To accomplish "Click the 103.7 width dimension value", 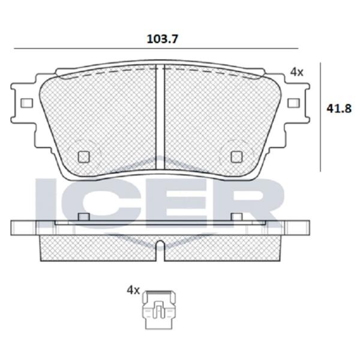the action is click(162, 39).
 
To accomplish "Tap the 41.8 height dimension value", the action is click(339, 109).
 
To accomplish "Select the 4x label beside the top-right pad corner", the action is click(296, 73).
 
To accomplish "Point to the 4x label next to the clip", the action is click(133, 290).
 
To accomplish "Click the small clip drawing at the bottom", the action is click(160, 310).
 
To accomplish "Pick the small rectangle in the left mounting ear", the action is click(26, 103).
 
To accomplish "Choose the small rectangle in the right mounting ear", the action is click(293, 103).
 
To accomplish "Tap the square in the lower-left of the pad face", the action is click(83, 157).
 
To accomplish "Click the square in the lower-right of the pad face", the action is click(236, 157).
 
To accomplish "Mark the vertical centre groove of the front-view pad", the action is click(160, 117).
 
